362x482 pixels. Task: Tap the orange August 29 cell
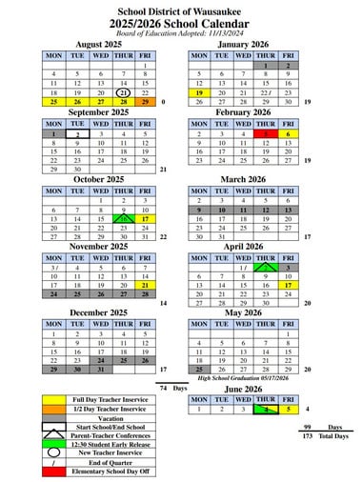point(145,102)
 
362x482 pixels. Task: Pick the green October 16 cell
point(123,219)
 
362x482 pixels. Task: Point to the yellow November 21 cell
point(145,285)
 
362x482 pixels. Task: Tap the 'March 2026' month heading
point(244,178)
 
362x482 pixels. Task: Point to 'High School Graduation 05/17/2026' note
point(245,378)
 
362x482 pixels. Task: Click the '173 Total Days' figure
point(324,435)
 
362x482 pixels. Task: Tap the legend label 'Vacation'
point(111,418)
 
